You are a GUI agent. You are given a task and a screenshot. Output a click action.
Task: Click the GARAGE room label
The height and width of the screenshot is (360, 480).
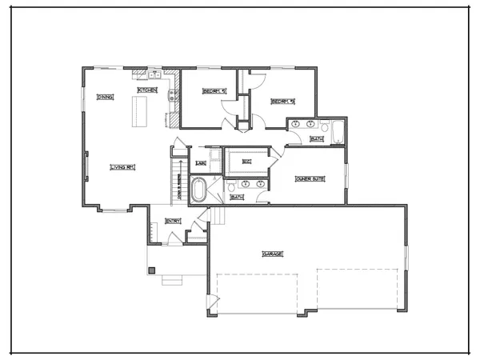coord(273,254)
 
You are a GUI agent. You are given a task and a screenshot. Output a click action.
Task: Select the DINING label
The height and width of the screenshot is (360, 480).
coord(105,98)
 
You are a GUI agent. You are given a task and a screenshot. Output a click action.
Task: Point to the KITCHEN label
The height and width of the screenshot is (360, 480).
coord(147,90)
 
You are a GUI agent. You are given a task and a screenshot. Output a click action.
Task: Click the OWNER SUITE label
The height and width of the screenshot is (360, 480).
coord(308,179)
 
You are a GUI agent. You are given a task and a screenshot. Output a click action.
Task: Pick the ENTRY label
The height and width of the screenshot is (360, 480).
coord(173,221)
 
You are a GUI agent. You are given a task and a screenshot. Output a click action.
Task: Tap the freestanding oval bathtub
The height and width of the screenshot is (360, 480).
coord(198,191)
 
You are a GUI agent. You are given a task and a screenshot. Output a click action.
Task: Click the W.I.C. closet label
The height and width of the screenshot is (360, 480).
coord(247,162)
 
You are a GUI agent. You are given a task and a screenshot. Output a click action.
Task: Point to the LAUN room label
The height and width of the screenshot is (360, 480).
coord(201,164)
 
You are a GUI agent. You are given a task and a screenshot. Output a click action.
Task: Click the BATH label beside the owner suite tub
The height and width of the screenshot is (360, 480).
coord(237,197)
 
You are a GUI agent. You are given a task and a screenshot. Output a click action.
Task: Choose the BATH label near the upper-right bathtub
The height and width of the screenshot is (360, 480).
coord(317,139)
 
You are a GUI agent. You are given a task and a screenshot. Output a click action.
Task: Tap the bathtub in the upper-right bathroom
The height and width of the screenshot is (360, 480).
coord(338,132)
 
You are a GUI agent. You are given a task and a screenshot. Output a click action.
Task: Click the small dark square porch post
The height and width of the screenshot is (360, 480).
coord(150,271)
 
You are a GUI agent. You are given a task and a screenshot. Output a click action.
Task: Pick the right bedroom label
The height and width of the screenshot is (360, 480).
coord(282,102)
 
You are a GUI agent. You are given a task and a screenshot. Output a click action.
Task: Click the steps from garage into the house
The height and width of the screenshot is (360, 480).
coord(217,215)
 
